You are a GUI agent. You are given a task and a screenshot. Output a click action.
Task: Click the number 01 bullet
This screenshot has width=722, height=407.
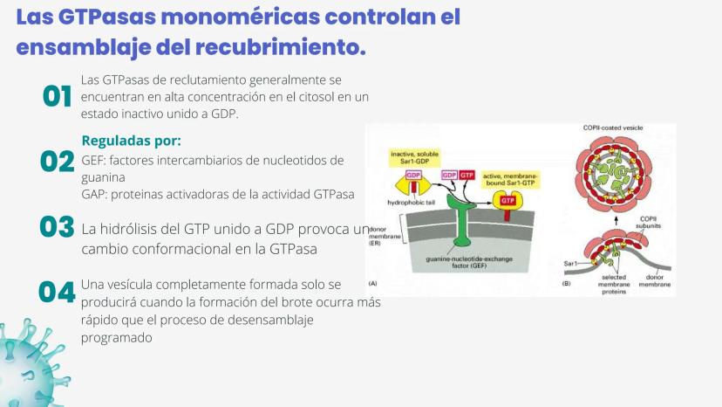pos(57,96)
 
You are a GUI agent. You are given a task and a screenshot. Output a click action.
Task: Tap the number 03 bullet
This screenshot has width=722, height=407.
pos(57,226)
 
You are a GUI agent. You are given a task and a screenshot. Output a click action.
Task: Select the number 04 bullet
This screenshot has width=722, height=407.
pos(57,292)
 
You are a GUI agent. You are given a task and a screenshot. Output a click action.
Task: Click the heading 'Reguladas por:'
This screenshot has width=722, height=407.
pos(131,141)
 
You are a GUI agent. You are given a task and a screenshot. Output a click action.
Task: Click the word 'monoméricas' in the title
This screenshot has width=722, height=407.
pos(241,17)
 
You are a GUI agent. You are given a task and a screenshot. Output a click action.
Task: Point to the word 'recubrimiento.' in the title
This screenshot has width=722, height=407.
pos(281,47)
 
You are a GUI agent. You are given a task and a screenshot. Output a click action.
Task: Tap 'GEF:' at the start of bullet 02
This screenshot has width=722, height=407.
pos(93,161)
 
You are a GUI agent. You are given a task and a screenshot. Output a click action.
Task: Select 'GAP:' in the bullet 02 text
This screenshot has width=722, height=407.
pos(94,195)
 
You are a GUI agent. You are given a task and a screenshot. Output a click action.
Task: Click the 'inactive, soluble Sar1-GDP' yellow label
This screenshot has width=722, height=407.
pos(414,157)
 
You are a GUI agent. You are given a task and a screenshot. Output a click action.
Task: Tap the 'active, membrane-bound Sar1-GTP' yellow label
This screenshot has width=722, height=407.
pos(510,180)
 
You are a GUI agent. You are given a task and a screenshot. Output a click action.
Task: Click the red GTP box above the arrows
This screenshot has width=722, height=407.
pos(467,176)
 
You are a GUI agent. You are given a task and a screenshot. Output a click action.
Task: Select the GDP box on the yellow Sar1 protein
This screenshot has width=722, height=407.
pos(413,176)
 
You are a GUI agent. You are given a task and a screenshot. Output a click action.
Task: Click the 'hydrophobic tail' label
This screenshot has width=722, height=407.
pos(411,203)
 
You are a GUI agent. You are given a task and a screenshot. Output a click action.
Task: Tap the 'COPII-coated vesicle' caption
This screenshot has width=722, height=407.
pos(613,128)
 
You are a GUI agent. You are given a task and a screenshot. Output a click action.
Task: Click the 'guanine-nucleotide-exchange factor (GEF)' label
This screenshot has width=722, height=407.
pos(469,263)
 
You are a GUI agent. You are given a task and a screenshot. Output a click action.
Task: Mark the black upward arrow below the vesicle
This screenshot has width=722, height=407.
pos(616,219)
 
